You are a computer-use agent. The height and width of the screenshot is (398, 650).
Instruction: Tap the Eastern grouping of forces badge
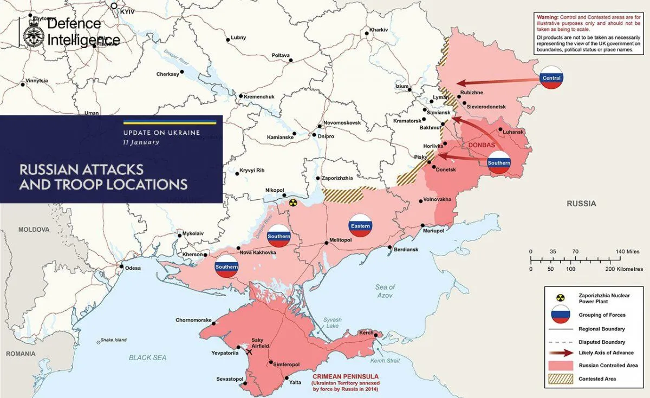point(361,226)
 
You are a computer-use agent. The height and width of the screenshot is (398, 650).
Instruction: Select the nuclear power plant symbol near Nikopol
point(292,203)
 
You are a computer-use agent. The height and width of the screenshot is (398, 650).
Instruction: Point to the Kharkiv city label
point(379,29)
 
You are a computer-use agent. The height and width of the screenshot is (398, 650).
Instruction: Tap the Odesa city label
point(133,268)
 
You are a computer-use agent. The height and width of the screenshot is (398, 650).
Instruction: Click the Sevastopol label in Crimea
point(230,379)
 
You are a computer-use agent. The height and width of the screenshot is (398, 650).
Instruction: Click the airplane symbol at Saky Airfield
point(249,353)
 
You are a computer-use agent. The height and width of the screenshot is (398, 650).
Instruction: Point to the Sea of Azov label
point(385,291)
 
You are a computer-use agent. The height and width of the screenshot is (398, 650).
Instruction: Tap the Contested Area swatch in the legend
point(560,379)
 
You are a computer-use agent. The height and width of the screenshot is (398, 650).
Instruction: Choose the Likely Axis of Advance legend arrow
point(560,353)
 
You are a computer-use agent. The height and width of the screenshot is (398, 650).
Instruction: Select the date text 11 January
point(141,142)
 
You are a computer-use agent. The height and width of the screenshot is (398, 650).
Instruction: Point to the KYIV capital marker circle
point(114,6)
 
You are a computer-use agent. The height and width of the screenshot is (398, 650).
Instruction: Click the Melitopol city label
point(341,240)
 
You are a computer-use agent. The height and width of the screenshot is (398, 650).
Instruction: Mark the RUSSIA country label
point(581,204)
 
